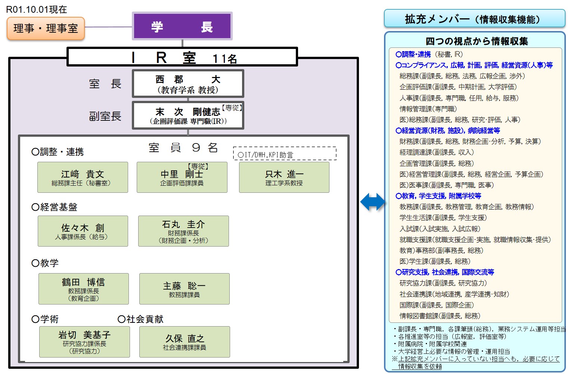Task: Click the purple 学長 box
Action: [182, 26]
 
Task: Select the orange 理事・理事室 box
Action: [46, 28]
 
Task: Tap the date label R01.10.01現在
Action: [36, 9]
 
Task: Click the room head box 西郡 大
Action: [188, 84]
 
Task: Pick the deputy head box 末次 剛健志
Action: [188, 115]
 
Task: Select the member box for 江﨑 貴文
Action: [83, 177]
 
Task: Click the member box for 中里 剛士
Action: [182, 177]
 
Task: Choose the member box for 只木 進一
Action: [284, 177]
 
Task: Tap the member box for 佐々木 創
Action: [83, 231]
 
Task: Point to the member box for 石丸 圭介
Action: [183, 231]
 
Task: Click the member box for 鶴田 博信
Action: [84, 289]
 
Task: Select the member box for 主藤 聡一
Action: [185, 289]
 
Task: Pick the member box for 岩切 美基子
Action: [84, 342]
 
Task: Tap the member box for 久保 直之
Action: [185, 342]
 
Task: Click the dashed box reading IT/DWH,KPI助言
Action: [285, 153]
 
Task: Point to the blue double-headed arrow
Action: [372, 202]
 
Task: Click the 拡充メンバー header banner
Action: [474, 18]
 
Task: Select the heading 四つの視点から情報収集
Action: [477, 41]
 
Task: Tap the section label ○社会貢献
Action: [140, 319]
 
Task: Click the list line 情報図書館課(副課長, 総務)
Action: [440, 316]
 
